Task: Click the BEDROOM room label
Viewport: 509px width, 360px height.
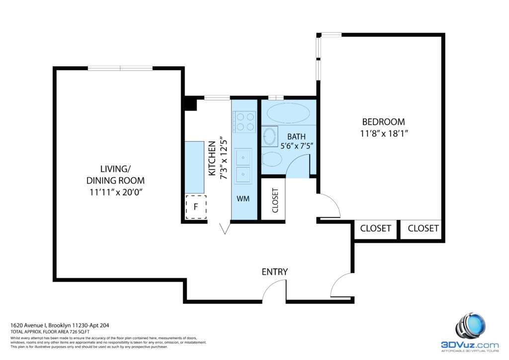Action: point(383,122)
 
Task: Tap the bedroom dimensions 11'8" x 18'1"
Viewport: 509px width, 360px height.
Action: point(384,133)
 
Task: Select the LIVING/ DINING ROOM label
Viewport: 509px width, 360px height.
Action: point(115,175)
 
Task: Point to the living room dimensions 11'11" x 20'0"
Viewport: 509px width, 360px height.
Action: point(116,192)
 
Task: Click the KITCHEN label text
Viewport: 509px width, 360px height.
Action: point(212,159)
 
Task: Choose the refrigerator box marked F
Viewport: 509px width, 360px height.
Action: point(196,207)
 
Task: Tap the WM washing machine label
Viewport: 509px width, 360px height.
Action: point(243,199)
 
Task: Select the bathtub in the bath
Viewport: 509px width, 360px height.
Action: point(288,113)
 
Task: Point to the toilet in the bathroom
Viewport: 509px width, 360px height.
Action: point(272,159)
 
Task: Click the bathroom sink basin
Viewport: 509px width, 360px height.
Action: point(270,136)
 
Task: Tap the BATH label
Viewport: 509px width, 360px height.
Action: point(296,137)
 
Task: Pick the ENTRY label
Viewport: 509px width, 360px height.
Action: point(274,271)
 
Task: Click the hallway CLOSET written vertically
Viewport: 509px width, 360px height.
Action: point(275,200)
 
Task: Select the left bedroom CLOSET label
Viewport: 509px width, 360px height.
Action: point(375,228)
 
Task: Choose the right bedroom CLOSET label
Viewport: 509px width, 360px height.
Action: point(424,228)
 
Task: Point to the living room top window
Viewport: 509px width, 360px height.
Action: point(120,68)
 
